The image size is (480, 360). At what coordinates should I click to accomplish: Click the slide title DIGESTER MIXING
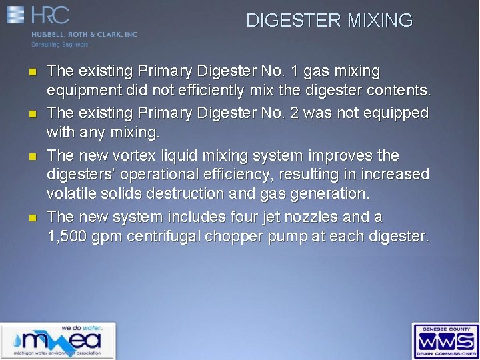coord(329,21)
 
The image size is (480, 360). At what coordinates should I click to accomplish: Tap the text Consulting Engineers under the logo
coord(60,45)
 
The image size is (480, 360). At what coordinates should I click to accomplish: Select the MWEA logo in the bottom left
coord(58,341)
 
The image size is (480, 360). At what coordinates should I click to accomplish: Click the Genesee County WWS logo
coord(445,341)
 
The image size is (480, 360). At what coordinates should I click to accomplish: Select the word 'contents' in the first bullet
coord(399,89)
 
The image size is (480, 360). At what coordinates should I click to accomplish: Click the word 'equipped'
coord(397,114)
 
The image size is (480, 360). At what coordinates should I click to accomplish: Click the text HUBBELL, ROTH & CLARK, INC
coord(84,35)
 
